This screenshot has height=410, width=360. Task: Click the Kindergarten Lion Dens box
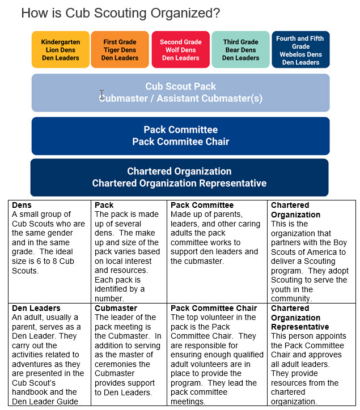61,50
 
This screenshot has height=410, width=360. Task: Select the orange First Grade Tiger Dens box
120,50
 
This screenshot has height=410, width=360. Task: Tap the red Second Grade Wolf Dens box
180,50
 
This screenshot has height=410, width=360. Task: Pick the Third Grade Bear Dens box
240,50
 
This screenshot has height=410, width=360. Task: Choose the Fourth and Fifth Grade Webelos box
300,50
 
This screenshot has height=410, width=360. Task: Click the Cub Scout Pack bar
180,92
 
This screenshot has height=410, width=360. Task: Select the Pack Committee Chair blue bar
180,136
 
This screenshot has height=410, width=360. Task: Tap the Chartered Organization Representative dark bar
179,177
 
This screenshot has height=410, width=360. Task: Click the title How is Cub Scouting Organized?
120,12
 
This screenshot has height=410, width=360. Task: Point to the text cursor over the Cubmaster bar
102,95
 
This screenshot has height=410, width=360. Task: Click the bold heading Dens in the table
22,205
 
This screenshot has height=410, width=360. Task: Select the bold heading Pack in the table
104,205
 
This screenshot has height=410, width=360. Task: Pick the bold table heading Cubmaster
116,308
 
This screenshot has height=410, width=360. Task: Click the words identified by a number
119,293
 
